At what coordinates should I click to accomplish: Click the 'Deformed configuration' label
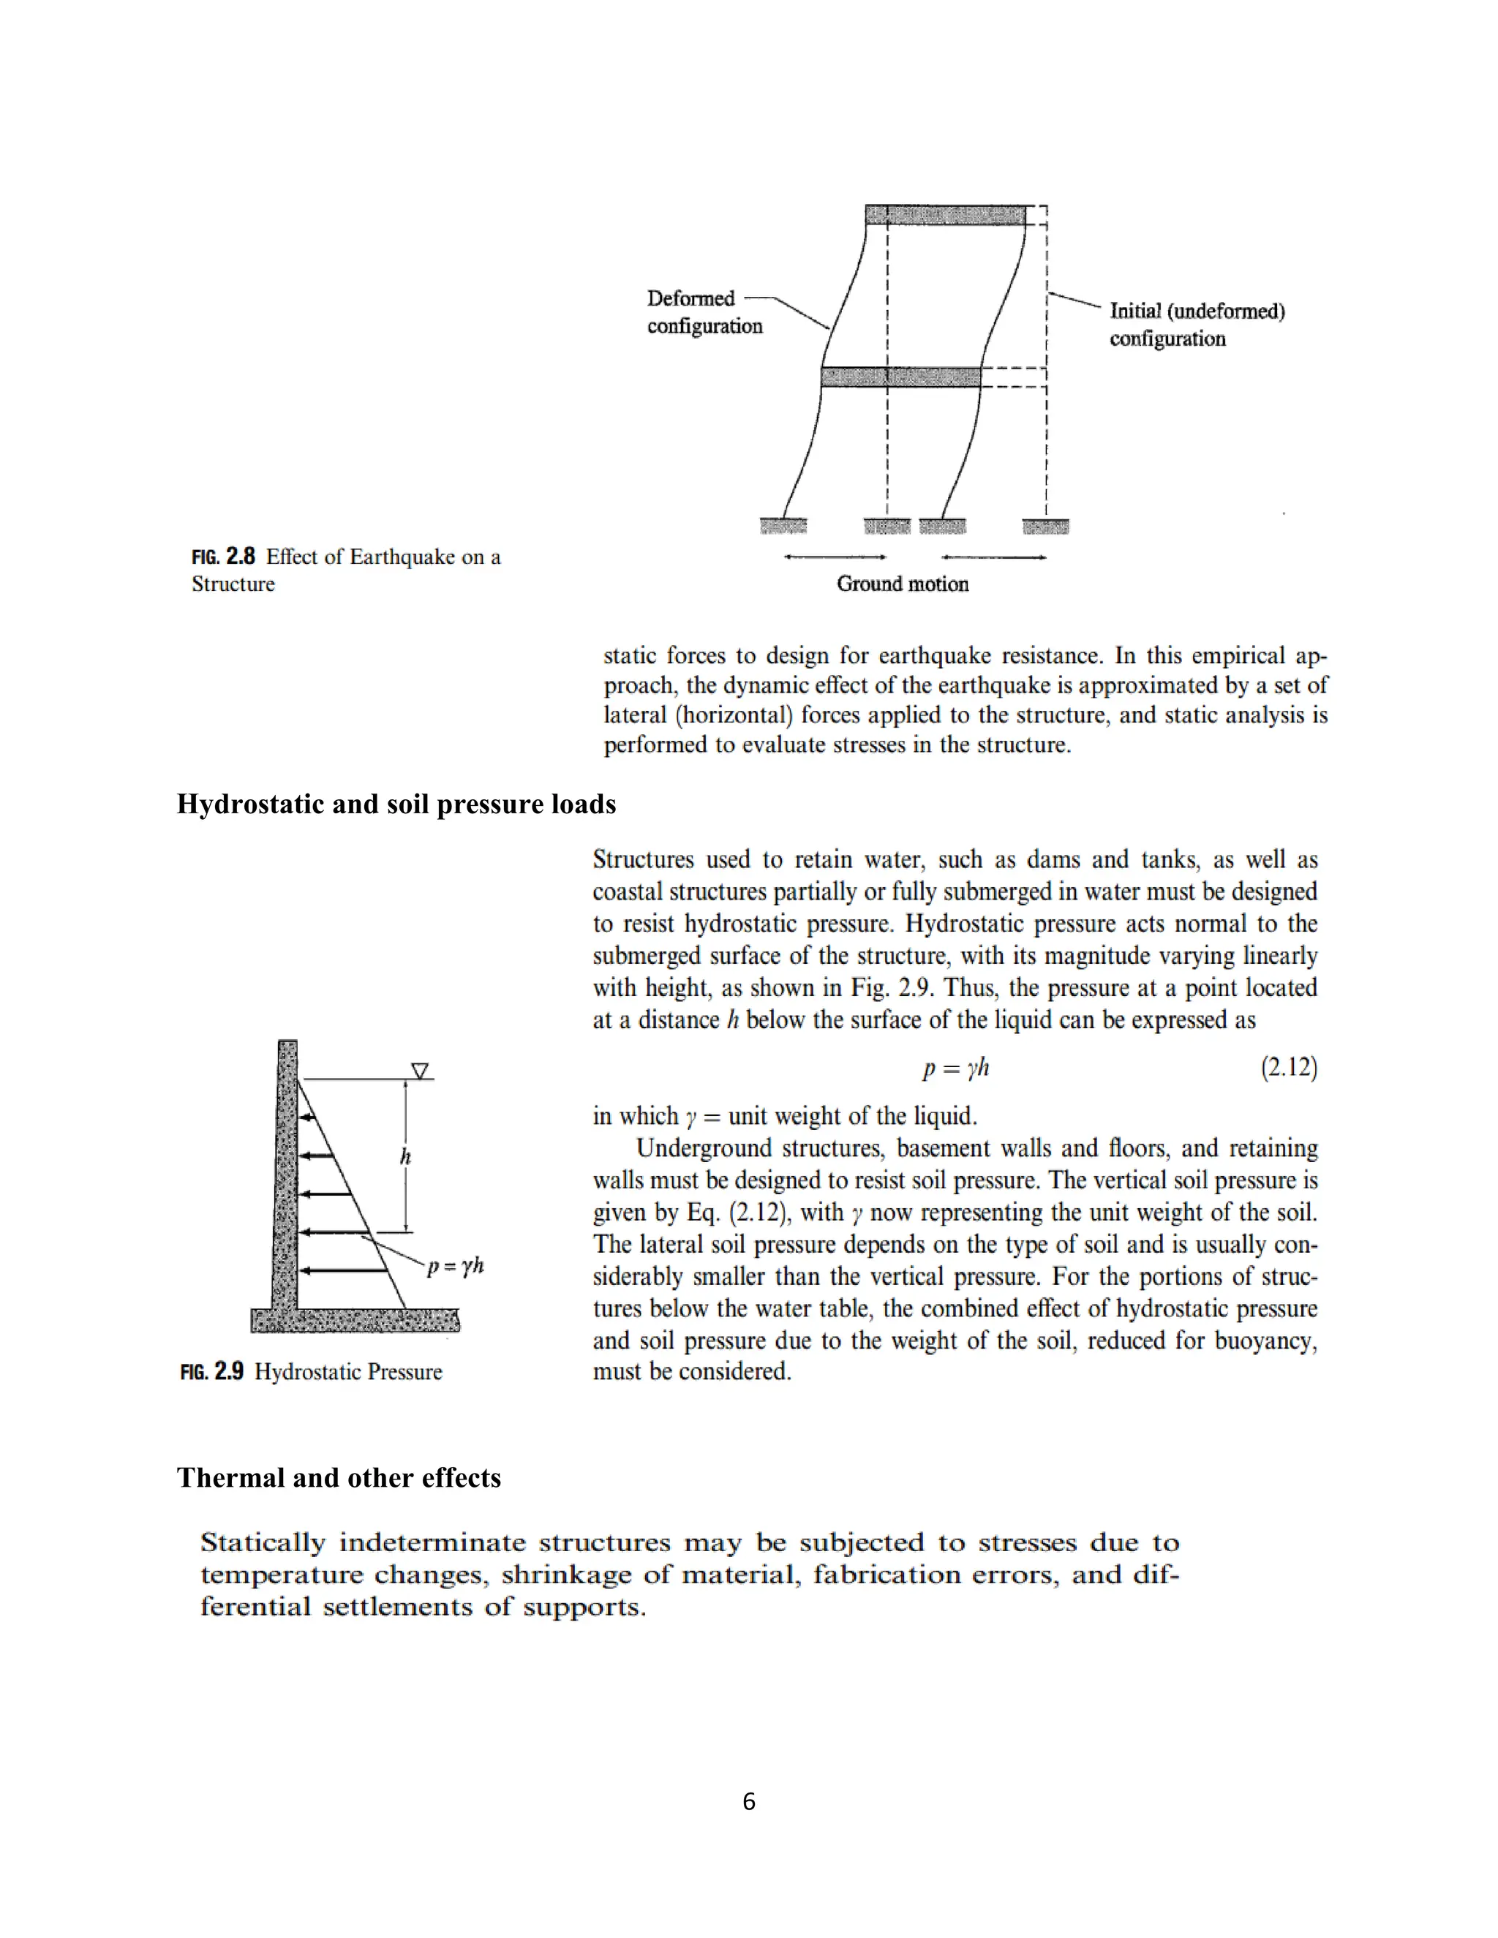pos(704,312)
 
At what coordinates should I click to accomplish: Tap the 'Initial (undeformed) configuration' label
pos(1196,324)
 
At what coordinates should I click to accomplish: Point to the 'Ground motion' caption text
pos(902,583)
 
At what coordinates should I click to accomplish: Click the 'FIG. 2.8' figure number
pos(224,557)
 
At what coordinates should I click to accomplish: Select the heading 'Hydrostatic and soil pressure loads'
pos(396,804)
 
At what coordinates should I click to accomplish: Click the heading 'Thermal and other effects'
pos(338,1477)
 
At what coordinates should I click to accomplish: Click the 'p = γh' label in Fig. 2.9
pos(455,1264)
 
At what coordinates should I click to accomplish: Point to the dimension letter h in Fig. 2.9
pos(405,1156)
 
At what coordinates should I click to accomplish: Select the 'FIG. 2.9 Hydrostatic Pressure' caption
pos(311,1371)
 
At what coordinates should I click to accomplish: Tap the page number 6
pos(748,1801)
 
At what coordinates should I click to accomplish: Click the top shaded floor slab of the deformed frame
pos(945,215)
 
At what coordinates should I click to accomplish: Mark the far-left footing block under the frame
pos(783,527)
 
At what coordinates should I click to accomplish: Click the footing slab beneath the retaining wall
pos(355,1319)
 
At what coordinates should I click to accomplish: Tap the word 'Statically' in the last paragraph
pos(263,1542)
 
